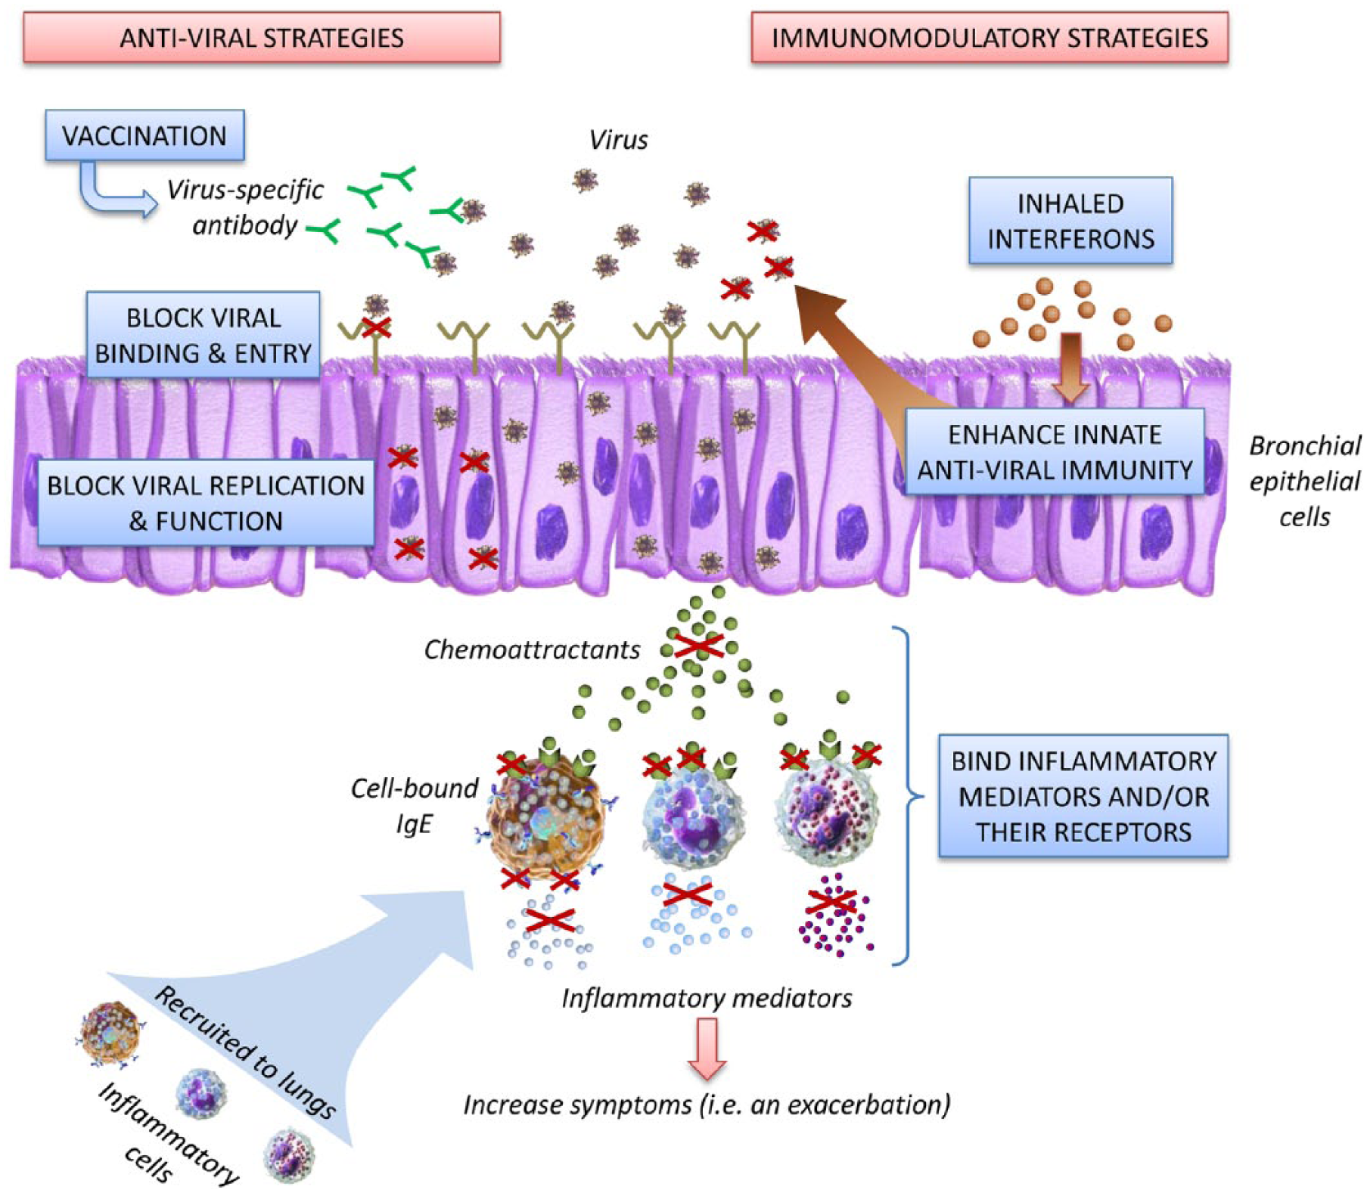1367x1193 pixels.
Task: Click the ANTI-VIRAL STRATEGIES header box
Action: tap(262, 37)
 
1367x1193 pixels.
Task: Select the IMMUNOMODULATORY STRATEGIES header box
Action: tap(990, 37)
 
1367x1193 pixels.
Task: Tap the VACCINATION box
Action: tap(144, 135)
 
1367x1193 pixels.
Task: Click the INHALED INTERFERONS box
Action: tap(1070, 221)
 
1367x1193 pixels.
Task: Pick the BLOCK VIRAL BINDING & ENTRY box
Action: tap(203, 335)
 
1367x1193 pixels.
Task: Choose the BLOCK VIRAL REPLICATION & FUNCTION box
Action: tap(206, 503)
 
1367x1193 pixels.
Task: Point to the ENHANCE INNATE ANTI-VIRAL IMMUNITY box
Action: tap(1055, 452)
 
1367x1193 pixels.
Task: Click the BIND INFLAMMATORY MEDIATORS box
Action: tap(1083, 796)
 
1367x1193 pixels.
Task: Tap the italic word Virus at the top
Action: tap(619, 140)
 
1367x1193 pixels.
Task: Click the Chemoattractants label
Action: tap(532, 649)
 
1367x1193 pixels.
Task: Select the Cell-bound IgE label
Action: tap(415, 805)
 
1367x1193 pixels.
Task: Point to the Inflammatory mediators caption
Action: tap(707, 998)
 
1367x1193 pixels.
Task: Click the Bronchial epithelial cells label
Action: tap(1305, 481)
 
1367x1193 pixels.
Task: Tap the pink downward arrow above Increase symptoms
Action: tap(707, 1048)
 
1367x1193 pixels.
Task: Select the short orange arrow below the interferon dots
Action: tap(1070, 367)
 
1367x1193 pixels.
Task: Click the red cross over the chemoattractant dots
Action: tap(699, 646)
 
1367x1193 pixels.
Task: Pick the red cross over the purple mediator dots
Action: tap(831, 901)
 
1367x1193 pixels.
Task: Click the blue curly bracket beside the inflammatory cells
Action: tap(908, 795)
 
